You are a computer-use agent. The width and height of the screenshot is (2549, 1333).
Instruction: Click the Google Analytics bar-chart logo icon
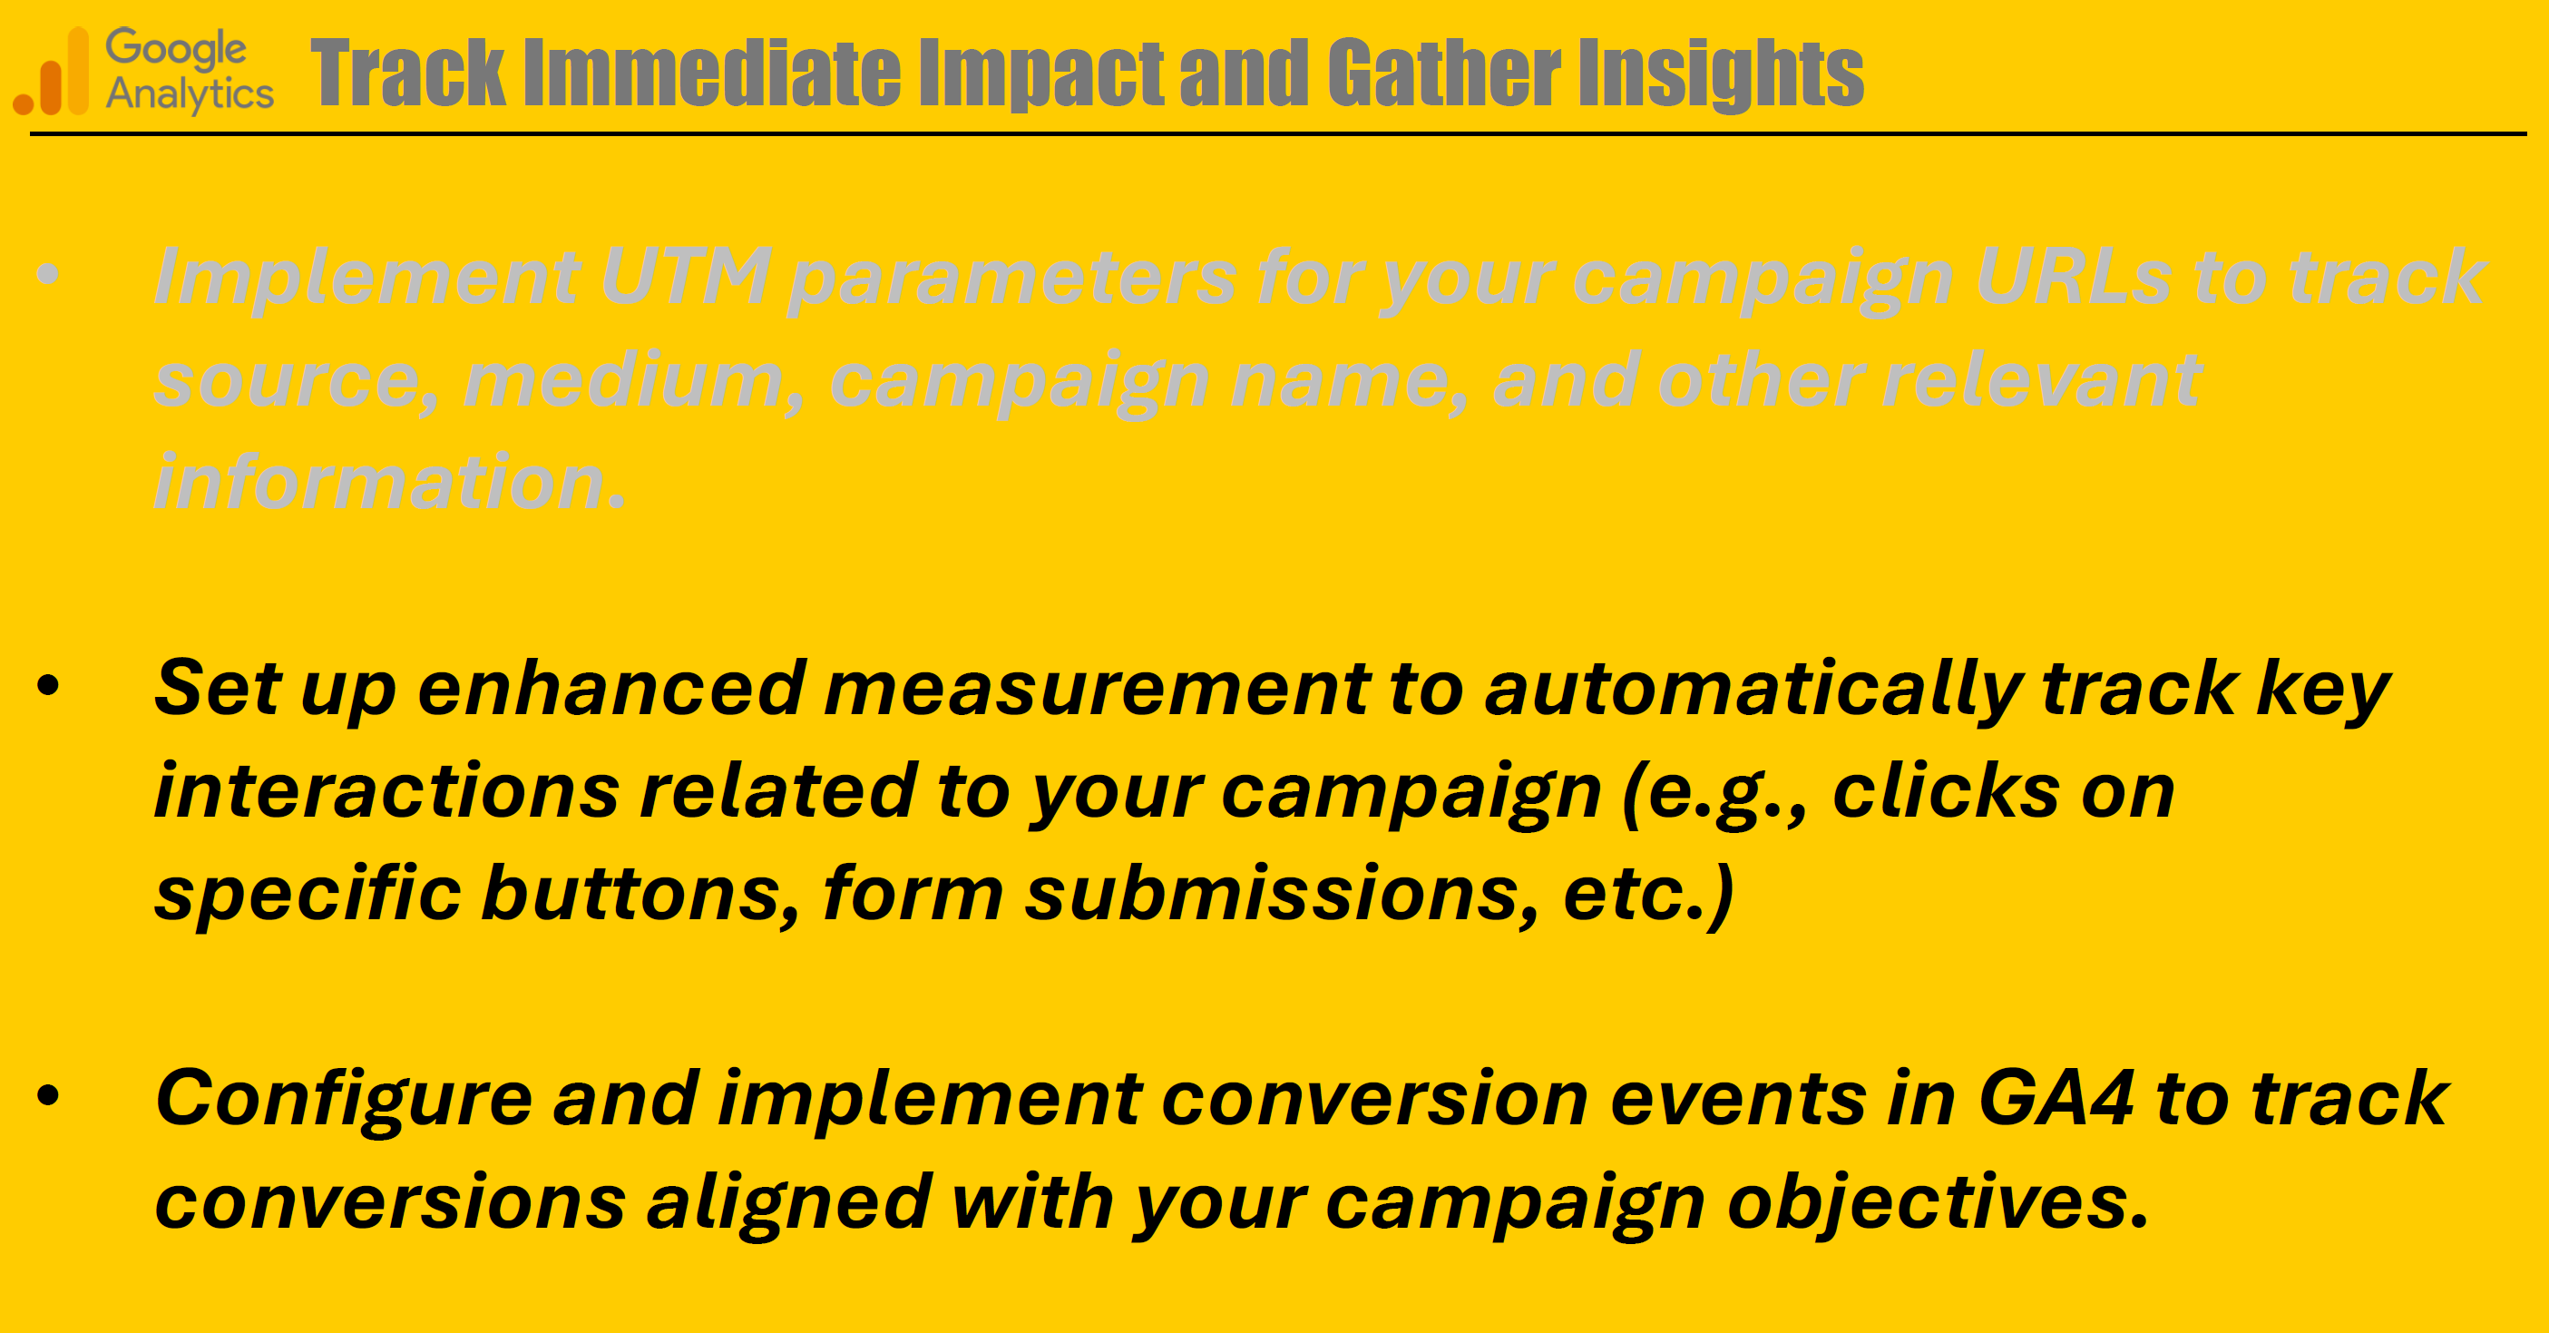tap(51, 72)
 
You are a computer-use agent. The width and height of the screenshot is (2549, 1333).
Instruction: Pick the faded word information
tap(390, 482)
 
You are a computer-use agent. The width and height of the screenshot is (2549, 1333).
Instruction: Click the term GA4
tap(2056, 1099)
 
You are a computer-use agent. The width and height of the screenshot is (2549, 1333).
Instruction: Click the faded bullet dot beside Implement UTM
tap(48, 274)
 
